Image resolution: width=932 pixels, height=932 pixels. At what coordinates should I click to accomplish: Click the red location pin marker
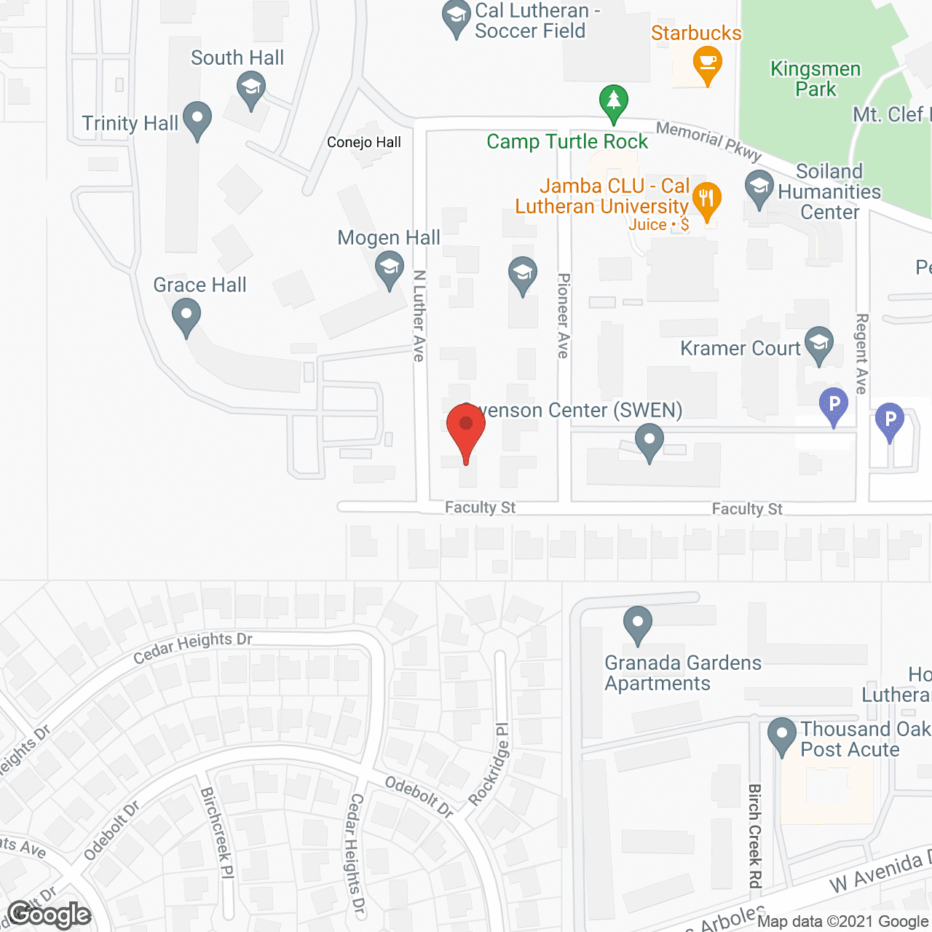point(466,430)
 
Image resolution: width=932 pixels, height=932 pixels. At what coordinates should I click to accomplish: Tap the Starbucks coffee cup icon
point(707,64)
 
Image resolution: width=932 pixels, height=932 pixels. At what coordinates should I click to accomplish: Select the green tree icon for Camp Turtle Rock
point(614,103)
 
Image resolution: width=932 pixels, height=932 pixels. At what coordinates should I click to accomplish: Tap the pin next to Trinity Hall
point(197,120)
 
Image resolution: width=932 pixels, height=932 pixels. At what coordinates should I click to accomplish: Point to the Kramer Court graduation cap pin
point(819,345)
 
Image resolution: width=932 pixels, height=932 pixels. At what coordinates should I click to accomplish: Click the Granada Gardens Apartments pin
point(638,625)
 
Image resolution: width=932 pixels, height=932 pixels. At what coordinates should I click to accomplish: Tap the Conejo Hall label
point(364,142)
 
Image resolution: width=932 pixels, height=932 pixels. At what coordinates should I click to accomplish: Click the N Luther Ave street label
point(419,315)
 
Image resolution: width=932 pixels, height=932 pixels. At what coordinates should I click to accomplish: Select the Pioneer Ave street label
point(564,315)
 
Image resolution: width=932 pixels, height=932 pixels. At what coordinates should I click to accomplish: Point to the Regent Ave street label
point(862,354)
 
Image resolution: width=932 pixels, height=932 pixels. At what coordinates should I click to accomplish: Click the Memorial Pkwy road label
point(708,141)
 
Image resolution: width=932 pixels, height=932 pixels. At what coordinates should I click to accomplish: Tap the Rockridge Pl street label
point(489,765)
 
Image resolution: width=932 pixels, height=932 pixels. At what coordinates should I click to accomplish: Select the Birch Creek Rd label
point(754,836)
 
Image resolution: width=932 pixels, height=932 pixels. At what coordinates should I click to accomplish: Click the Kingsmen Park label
point(815,79)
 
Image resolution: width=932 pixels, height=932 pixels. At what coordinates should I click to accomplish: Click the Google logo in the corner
point(49,915)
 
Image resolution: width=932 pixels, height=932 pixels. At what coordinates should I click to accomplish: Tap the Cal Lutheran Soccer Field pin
point(457,19)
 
